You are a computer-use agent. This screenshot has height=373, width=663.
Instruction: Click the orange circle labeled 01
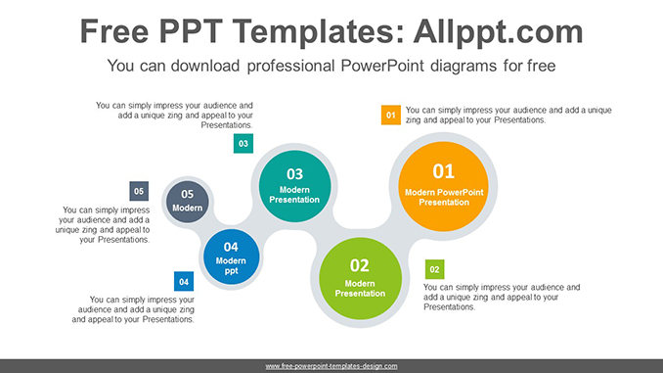[x=444, y=185]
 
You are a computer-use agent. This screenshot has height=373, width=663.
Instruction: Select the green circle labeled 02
[x=360, y=277]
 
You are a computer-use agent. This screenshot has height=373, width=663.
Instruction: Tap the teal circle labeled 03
[x=294, y=186]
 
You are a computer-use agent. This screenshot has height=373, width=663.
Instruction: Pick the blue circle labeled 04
[x=231, y=258]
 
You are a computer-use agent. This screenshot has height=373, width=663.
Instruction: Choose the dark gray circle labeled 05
[x=187, y=201]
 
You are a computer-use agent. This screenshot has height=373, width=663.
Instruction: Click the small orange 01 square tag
[x=390, y=116]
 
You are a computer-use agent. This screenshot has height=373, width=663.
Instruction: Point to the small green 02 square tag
[x=434, y=269]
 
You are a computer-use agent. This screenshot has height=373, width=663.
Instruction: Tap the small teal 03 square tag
[x=243, y=144]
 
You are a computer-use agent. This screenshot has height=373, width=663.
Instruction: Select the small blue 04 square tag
[x=183, y=280]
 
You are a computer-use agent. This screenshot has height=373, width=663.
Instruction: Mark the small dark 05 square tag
[x=139, y=191]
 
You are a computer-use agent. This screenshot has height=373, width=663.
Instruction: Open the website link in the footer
[x=331, y=366]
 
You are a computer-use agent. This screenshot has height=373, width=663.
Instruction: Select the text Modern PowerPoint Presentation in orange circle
[x=444, y=197]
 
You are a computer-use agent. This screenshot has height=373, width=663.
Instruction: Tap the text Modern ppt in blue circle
[x=231, y=265]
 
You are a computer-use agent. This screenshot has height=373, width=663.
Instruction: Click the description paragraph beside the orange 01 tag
[x=508, y=115]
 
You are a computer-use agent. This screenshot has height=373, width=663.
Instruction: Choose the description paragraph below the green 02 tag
[x=501, y=297]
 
